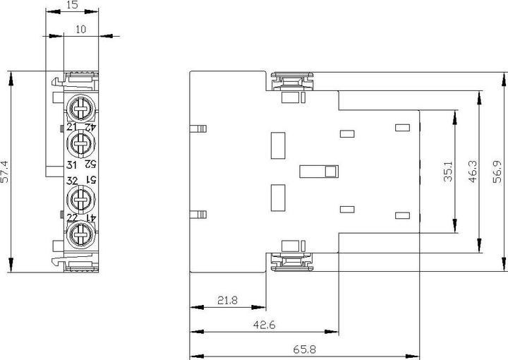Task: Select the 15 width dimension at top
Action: [x=72, y=5]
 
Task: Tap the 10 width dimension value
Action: [x=81, y=30]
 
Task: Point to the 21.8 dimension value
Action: [x=227, y=301]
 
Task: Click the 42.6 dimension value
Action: [x=265, y=325]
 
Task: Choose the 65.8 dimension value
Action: [x=304, y=349]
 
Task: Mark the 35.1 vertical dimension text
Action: [x=448, y=171]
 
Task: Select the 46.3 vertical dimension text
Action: [x=473, y=172]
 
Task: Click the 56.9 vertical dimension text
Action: [x=497, y=172]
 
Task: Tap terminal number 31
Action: [x=71, y=165]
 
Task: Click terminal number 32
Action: [x=72, y=181]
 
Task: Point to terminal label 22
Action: [x=72, y=217]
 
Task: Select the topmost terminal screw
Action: [x=81, y=108]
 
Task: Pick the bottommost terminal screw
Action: [x=81, y=234]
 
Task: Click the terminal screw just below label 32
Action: [x=81, y=199]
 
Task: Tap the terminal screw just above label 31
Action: [x=81, y=143]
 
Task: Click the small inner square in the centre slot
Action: [x=330, y=172]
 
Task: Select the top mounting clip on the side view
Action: [x=292, y=81]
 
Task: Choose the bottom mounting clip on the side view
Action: [x=292, y=262]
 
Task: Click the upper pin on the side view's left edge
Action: [x=198, y=128]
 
